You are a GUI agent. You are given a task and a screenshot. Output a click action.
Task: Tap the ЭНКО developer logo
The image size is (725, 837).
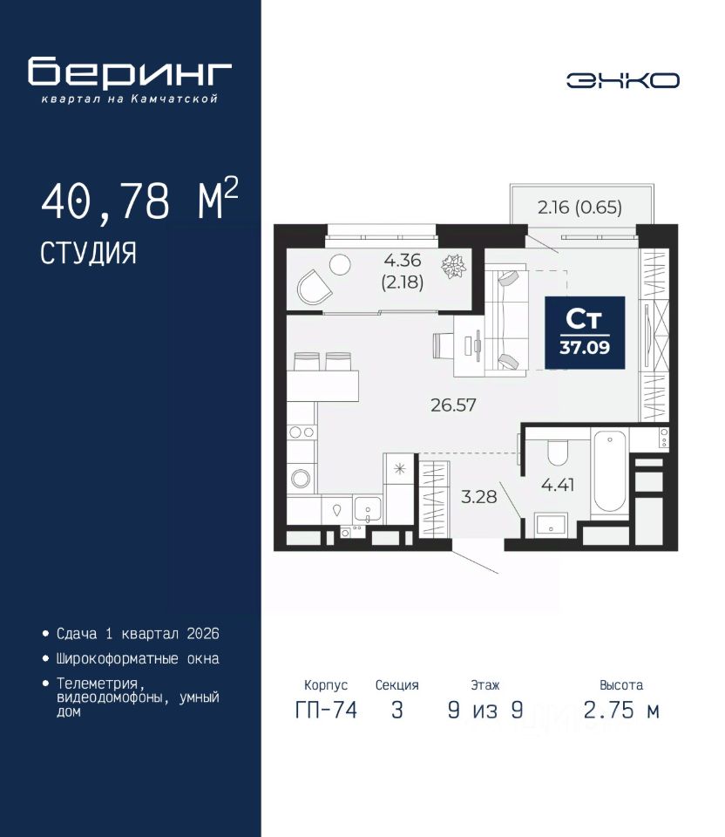(x=622, y=80)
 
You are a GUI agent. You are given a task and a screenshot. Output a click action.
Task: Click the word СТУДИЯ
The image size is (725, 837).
(x=89, y=253)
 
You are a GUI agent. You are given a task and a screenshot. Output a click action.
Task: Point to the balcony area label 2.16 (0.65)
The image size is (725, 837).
(x=579, y=208)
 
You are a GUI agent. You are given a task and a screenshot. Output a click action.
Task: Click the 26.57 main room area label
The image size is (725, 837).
(x=453, y=405)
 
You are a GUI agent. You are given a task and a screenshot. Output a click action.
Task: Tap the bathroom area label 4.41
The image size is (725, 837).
(x=558, y=485)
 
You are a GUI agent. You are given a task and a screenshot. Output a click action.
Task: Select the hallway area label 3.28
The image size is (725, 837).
(x=478, y=497)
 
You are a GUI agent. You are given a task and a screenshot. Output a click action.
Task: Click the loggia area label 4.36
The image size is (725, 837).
(x=403, y=260)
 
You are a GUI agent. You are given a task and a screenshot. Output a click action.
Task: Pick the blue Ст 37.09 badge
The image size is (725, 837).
(x=585, y=332)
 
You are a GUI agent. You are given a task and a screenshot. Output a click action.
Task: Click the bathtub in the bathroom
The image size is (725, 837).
(x=609, y=472)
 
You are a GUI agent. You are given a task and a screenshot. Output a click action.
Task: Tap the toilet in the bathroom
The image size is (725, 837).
(x=558, y=453)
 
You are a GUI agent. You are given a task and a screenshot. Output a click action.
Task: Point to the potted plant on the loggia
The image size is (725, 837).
(x=453, y=266)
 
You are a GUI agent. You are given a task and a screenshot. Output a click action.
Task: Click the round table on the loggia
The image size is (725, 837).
(x=340, y=264)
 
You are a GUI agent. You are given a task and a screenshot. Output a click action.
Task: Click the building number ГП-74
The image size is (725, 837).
(x=326, y=710)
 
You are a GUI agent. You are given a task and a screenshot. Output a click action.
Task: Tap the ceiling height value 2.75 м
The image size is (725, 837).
(x=621, y=710)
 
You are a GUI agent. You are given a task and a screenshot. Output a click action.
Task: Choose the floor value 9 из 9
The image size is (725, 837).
(x=485, y=710)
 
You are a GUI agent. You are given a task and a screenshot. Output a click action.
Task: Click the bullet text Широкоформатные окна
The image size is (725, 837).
(x=138, y=659)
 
